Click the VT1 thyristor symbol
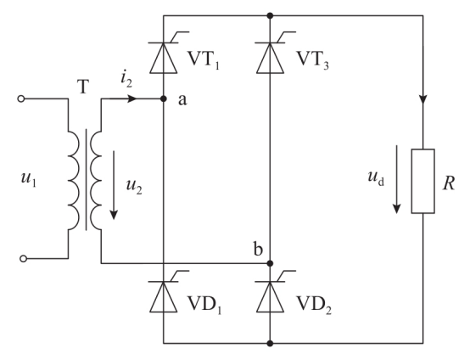164,58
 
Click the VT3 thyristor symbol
270,58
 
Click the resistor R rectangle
423,181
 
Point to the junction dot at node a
164,98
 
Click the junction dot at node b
270,263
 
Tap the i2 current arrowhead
132,98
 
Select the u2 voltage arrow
114,185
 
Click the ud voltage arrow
396,179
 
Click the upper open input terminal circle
21,98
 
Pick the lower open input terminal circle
23,258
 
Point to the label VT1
204,59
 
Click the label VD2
314,304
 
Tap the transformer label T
83,87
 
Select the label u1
29,179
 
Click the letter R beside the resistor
449,183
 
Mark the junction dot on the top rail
270,15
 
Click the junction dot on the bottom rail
270,343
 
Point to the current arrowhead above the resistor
423,99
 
